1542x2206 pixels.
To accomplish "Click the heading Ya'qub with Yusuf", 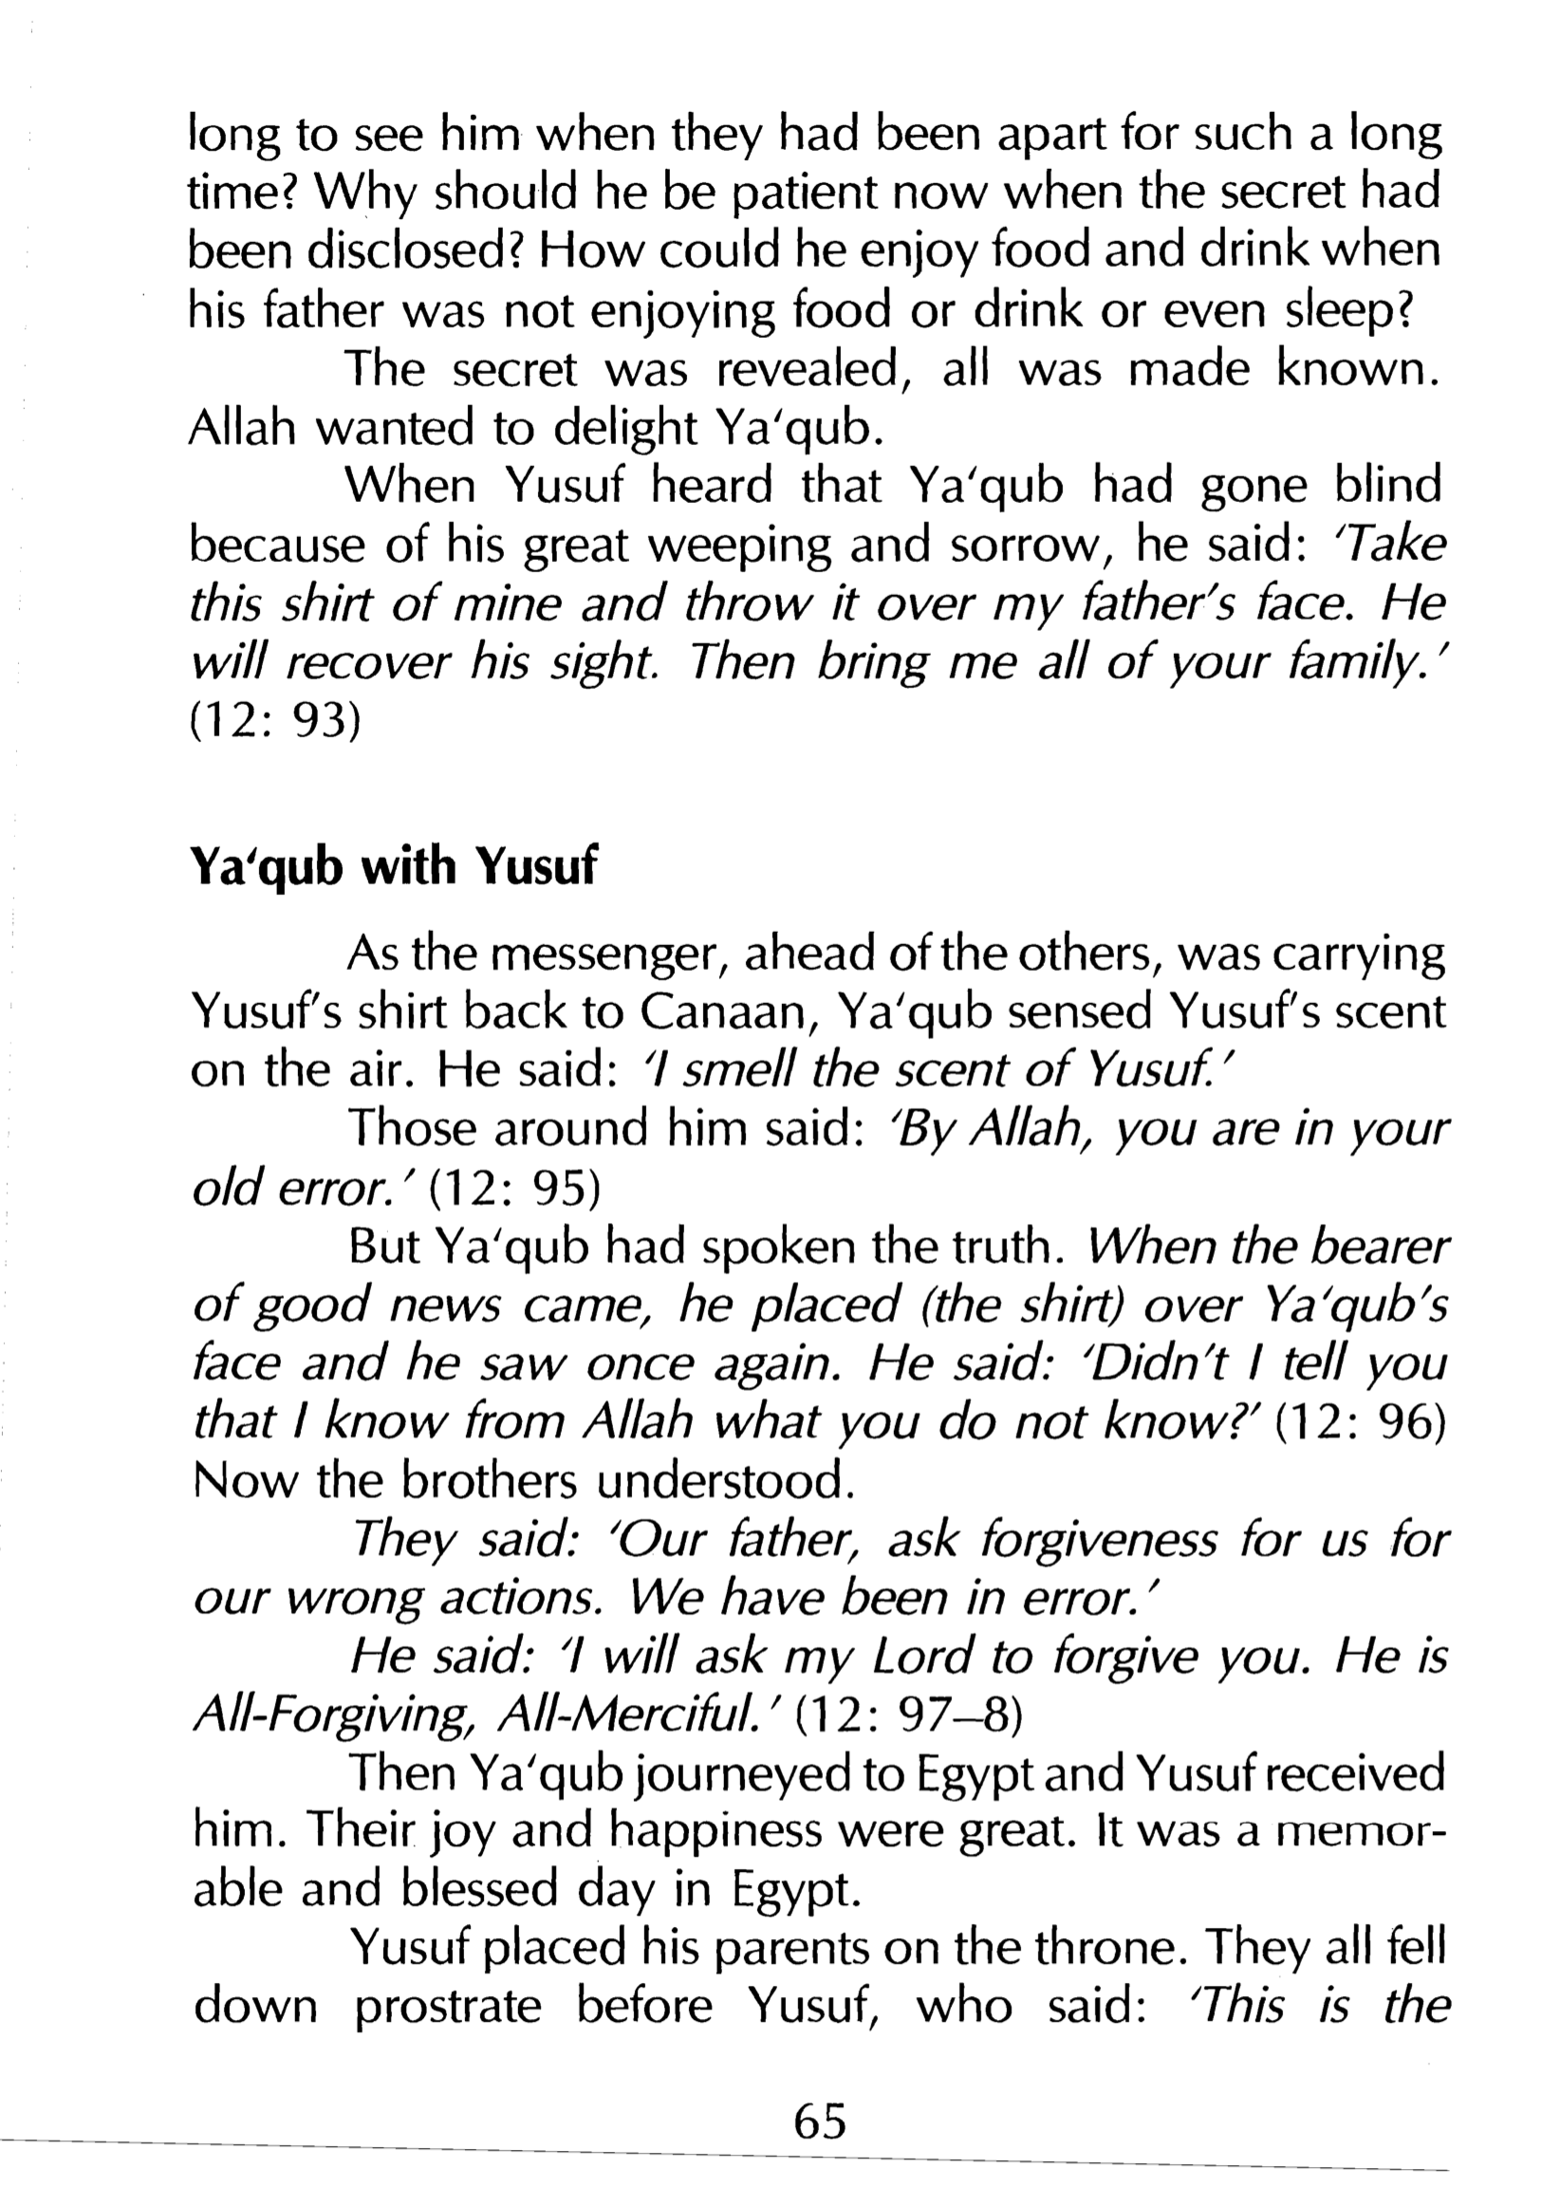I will (x=393, y=867).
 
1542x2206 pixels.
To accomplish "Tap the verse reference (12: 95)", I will (x=513, y=1190).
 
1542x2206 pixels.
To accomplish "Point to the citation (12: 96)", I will (x=1360, y=1423).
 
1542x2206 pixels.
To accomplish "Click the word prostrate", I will (x=448, y=2007).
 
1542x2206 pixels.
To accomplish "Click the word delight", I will (x=625, y=429).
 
